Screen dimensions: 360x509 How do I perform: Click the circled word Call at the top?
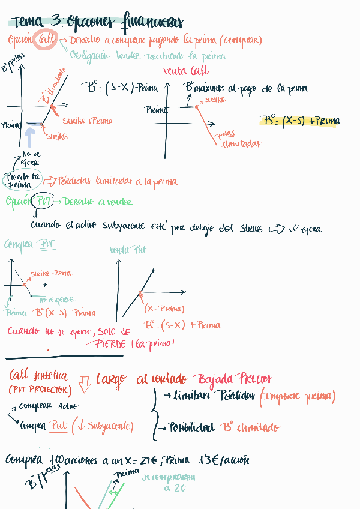click(46, 40)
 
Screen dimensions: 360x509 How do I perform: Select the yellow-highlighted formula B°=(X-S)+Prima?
click(300, 121)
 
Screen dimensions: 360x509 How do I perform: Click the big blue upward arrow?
click(29, 137)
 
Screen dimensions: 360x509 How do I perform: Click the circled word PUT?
click(44, 202)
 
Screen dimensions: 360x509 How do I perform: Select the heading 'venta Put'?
click(128, 250)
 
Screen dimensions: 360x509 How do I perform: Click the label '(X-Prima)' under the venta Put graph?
click(164, 309)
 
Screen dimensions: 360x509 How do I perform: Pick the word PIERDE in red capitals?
click(109, 345)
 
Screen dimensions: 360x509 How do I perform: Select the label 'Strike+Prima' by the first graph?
click(87, 121)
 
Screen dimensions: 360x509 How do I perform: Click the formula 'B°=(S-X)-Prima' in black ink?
click(122, 89)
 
